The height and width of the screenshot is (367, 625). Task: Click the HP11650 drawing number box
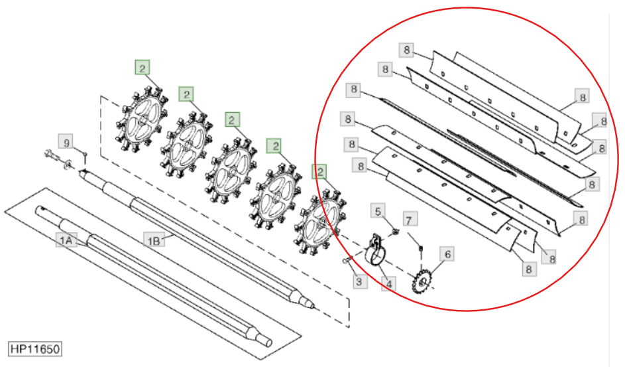click(35, 349)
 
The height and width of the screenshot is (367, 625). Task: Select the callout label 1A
click(66, 240)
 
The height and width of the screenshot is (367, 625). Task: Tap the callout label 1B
click(154, 240)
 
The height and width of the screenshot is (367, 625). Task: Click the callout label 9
click(66, 142)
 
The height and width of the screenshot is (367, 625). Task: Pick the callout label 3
click(359, 281)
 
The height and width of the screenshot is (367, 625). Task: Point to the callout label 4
click(388, 284)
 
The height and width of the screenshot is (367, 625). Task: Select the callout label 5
click(378, 211)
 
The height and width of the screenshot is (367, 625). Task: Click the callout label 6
click(447, 254)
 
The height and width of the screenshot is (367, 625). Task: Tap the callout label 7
click(410, 220)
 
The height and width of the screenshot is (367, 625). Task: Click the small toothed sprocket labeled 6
click(422, 281)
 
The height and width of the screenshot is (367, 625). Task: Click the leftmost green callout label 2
click(142, 67)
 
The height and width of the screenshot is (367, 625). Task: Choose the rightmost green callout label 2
click(319, 172)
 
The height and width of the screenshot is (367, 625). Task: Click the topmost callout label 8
click(406, 50)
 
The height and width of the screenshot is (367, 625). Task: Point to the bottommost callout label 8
click(529, 269)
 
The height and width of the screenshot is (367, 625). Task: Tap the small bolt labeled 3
click(346, 261)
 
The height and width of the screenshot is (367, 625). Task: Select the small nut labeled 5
click(396, 231)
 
